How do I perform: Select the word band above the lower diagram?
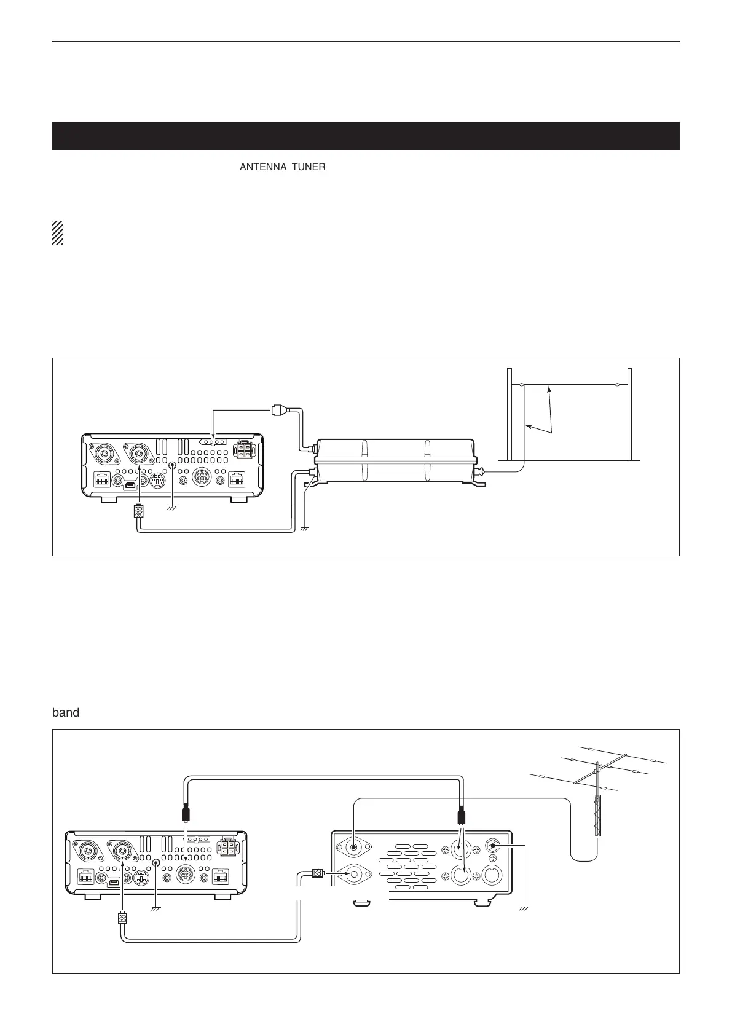pyautogui.click(x=66, y=713)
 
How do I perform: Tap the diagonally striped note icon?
pyautogui.click(x=58, y=232)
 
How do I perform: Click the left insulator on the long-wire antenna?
pyautogui.click(x=521, y=385)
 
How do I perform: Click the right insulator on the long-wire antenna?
pyautogui.click(x=616, y=385)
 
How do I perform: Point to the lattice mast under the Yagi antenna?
pyautogui.click(x=596, y=815)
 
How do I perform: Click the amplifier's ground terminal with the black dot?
pyautogui.click(x=492, y=845)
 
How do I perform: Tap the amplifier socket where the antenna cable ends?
pyautogui.click(x=353, y=847)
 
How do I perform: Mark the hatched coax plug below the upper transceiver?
pyautogui.click(x=139, y=511)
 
